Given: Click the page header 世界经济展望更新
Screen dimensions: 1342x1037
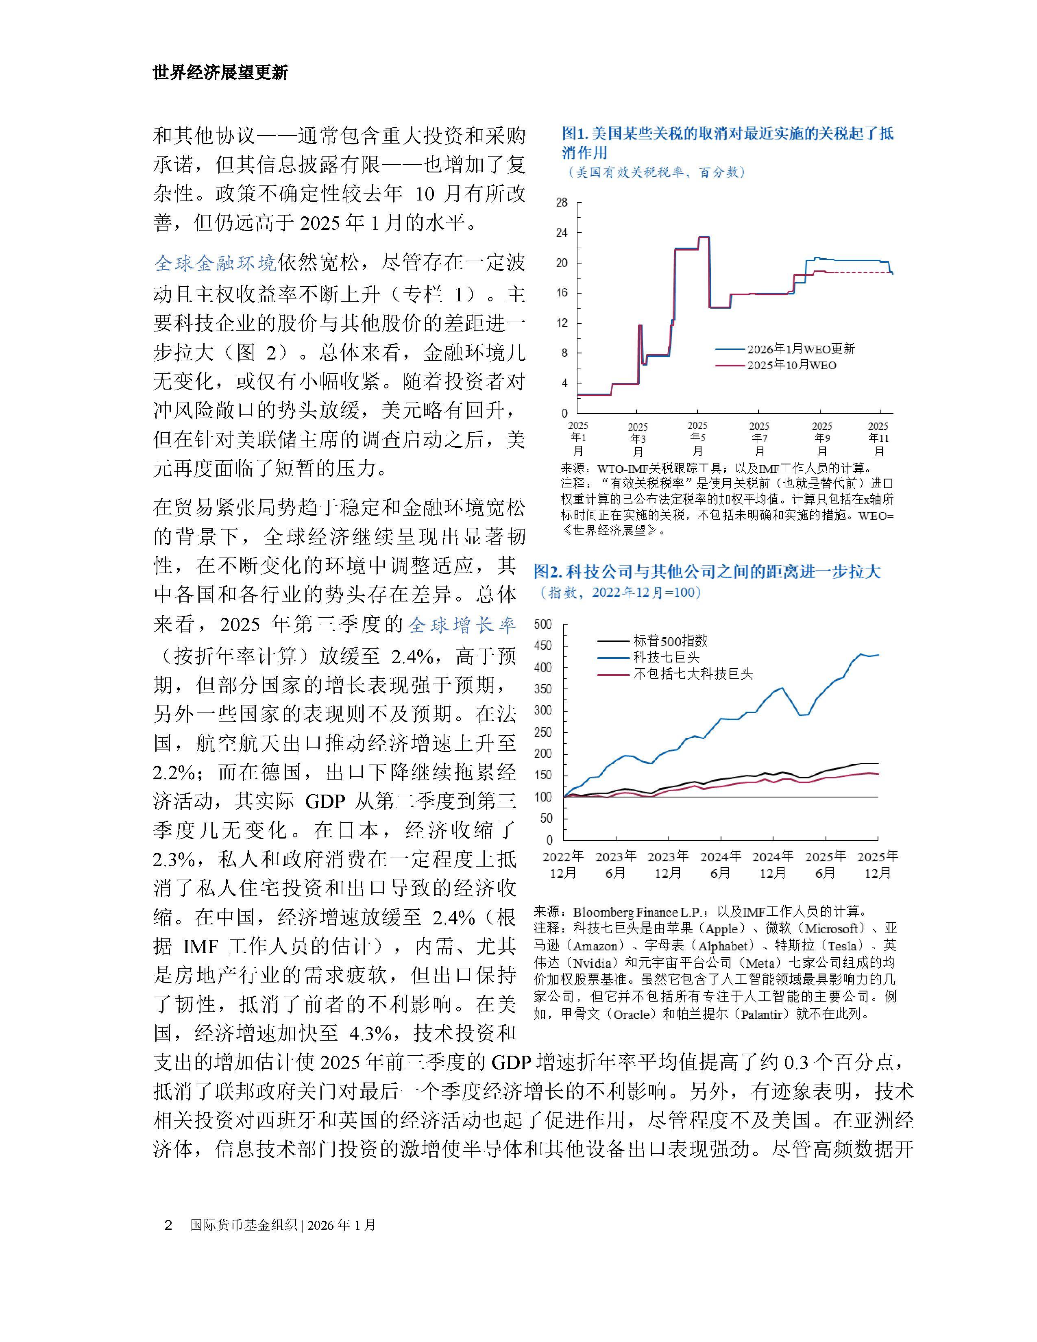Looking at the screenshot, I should point(220,73).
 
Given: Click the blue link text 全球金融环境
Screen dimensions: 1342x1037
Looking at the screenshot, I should point(215,263).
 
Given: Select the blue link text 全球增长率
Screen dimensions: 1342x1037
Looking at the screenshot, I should point(462,625).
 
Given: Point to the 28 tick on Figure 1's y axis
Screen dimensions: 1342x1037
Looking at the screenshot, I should point(562,203).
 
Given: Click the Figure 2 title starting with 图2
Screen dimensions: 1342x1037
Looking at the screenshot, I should point(706,572).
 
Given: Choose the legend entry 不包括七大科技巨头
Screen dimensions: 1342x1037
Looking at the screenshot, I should point(693,673).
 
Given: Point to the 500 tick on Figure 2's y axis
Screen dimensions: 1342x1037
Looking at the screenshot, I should point(544,624).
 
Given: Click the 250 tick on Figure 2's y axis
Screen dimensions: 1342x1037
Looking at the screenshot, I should point(544,732).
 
